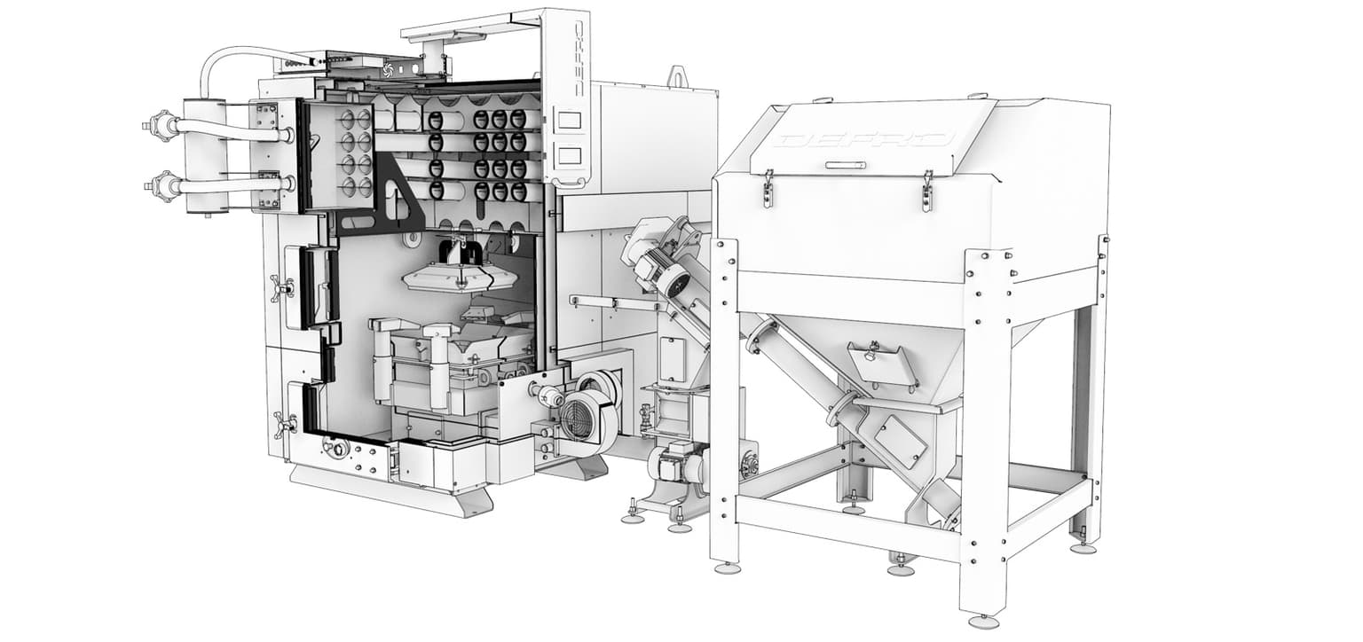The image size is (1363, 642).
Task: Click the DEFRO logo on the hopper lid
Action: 866,140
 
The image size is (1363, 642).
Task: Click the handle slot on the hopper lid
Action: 845,165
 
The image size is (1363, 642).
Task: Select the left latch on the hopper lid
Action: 768,190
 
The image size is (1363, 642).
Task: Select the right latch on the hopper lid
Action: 926,191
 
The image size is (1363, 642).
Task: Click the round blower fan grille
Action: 574,419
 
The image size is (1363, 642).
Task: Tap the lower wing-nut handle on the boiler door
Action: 285,425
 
